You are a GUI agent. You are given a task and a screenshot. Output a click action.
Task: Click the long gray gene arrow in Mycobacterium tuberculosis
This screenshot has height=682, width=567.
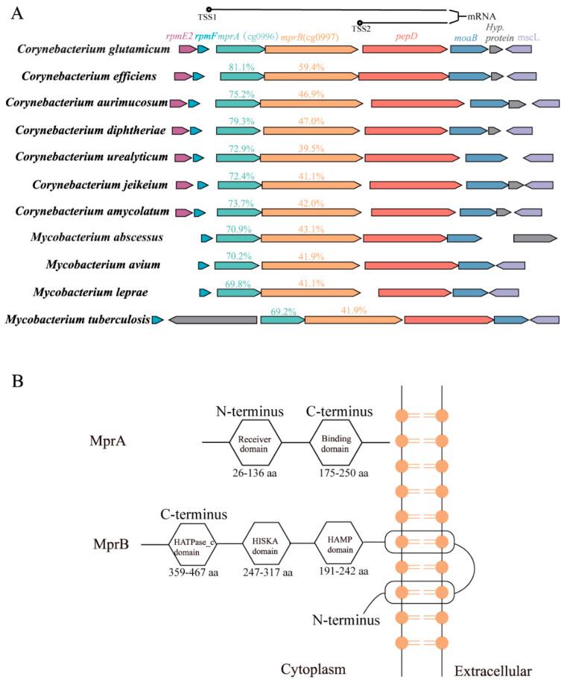click(x=213, y=320)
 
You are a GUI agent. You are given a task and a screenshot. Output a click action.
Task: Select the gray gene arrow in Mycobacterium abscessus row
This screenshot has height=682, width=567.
click(x=534, y=239)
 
